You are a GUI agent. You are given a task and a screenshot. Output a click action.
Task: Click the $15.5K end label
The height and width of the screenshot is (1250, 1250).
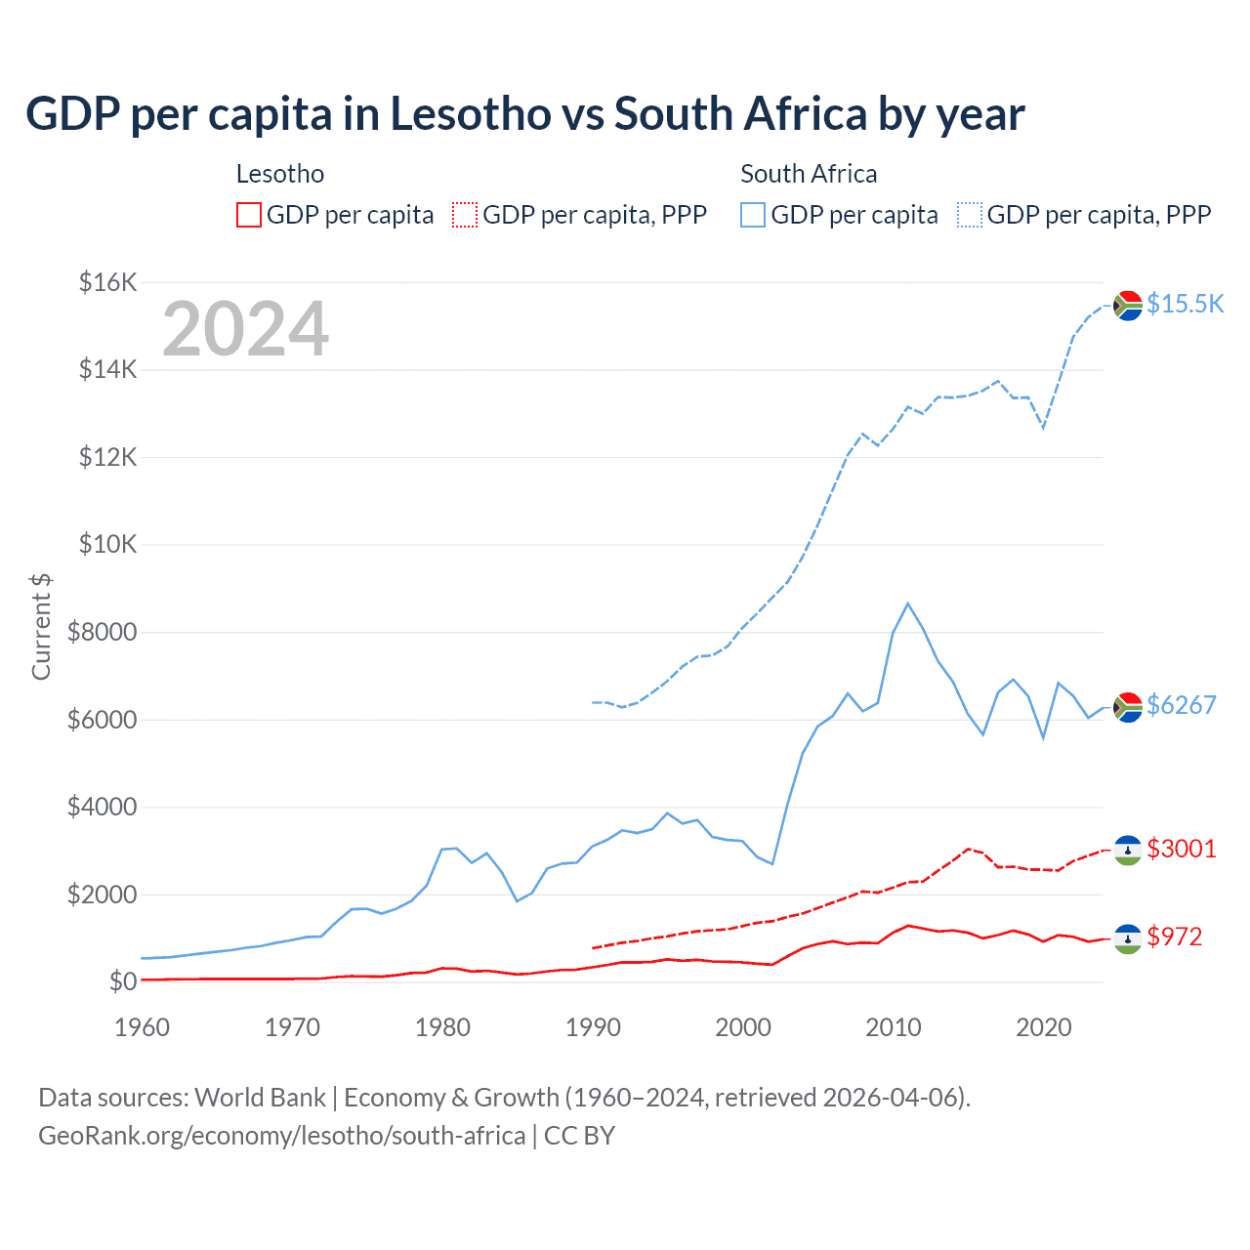[x=1185, y=304]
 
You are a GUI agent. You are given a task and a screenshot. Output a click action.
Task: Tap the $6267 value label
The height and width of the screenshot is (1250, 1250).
[x=1181, y=705]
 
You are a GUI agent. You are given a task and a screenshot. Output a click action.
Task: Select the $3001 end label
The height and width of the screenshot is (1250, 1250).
[x=1181, y=849]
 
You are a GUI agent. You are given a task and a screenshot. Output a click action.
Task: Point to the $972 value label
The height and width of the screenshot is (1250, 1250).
[x=1174, y=937]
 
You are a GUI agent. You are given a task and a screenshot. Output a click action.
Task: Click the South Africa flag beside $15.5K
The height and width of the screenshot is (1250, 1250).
[x=1128, y=305]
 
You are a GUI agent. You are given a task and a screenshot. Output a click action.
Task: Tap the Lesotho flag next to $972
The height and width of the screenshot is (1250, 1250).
[x=1128, y=938]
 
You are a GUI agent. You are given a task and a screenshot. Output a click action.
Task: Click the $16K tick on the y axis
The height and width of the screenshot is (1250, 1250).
[x=107, y=283]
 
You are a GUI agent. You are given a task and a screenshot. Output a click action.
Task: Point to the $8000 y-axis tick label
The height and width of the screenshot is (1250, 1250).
[x=102, y=632]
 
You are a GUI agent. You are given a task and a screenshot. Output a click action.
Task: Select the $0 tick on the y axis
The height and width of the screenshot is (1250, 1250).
[x=121, y=981]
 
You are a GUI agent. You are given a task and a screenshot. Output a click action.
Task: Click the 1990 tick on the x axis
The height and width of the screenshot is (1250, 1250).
[x=593, y=1027]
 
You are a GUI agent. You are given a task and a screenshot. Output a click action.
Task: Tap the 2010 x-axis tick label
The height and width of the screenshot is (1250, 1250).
[x=894, y=1027]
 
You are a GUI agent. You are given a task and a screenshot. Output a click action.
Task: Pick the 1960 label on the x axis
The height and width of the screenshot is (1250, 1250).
[x=142, y=1027]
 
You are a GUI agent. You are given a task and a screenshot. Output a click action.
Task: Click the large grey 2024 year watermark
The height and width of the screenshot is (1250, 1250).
[x=245, y=329]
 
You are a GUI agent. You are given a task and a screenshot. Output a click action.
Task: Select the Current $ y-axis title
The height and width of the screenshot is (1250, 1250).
[x=41, y=627]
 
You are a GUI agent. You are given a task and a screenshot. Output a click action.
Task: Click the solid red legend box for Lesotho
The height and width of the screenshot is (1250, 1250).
[x=249, y=215]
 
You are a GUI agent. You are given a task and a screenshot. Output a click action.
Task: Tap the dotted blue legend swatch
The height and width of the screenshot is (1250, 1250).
[x=970, y=215]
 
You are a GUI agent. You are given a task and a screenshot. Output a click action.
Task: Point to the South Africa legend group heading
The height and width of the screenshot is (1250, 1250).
[x=809, y=174]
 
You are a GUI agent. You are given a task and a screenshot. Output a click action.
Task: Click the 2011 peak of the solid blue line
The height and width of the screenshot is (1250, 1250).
[x=907, y=604]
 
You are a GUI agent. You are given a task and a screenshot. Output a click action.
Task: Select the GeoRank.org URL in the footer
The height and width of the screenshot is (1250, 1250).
[x=281, y=1136]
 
